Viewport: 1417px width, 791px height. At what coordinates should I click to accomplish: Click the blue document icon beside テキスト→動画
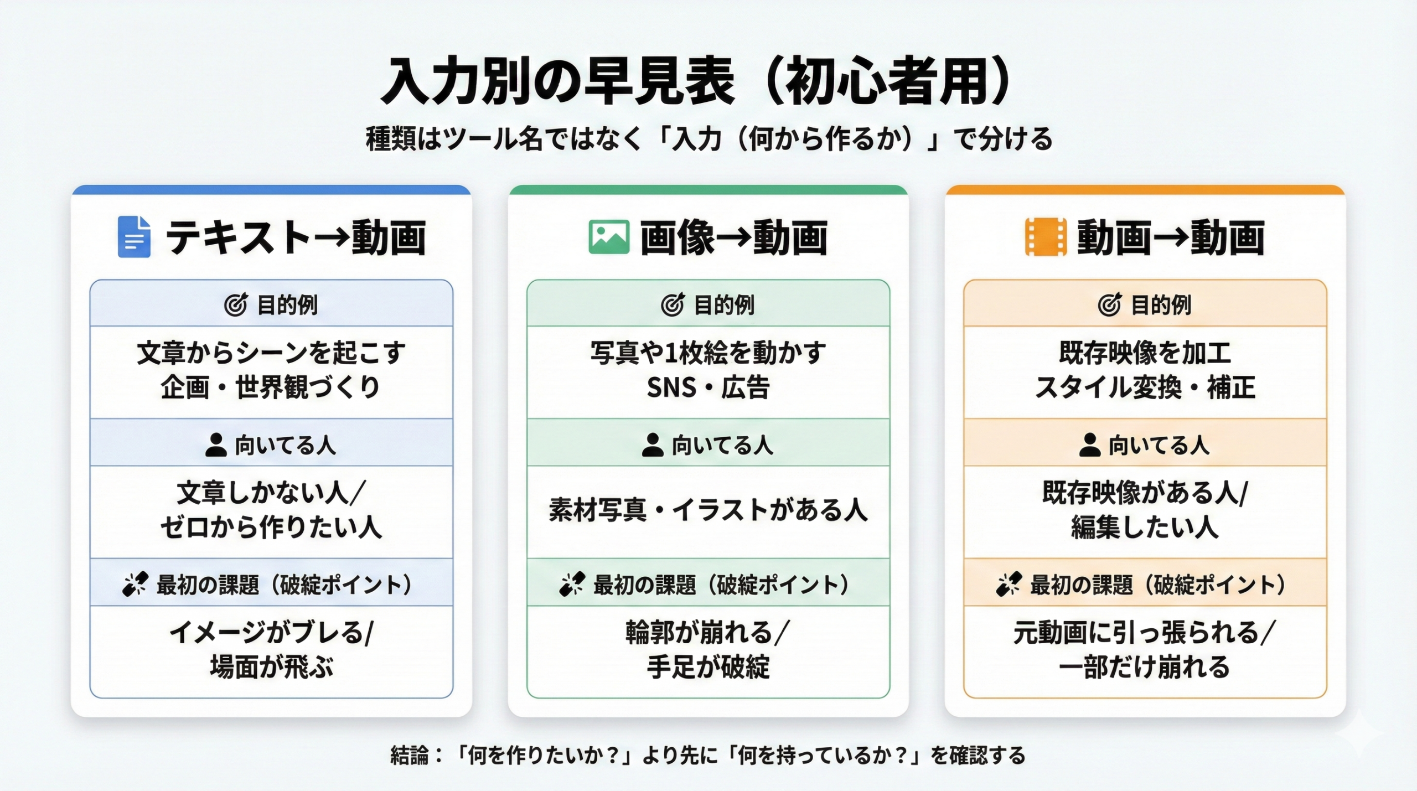[x=134, y=237]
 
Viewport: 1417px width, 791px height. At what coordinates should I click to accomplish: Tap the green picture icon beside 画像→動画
[x=609, y=237]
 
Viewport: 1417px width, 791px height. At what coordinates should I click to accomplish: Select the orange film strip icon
[x=1046, y=237]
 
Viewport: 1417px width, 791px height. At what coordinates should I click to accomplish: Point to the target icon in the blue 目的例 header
[x=236, y=304]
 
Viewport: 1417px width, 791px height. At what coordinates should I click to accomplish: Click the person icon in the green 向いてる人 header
[x=653, y=444]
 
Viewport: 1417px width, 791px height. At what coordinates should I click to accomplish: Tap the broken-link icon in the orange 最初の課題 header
[x=1009, y=584]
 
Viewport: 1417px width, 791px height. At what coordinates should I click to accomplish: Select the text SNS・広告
[x=708, y=387]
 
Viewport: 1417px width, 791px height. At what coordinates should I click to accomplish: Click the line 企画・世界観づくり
[x=271, y=387]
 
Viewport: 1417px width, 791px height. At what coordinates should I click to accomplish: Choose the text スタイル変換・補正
[x=1145, y=387]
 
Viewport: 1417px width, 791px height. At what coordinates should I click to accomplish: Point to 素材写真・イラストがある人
[x=708, y=510]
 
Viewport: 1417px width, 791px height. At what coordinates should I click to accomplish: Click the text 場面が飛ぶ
[x=271, y=668]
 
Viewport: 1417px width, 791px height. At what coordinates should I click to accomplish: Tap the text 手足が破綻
[x=708, y=668]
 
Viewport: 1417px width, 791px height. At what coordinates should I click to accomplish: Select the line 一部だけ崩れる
[x=1145, y=668]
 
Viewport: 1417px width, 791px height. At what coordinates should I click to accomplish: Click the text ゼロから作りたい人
[x=271, y=528]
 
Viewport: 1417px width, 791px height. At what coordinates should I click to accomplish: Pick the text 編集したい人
[x=1145, y=528]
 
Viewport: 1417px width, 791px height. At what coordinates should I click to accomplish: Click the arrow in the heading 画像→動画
[x=734, y=238]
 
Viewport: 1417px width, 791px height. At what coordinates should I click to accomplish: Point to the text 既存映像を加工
[x=1145, y=353]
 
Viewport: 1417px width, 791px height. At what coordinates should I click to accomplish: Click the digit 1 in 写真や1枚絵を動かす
[x=670, y=353]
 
